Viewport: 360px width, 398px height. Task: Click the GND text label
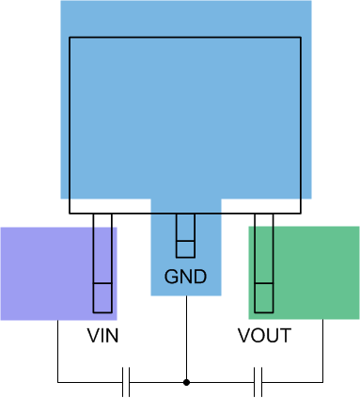tap(185, 278)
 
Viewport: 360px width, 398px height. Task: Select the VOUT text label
tap(264, 336)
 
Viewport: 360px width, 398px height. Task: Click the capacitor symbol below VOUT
tap(259, 382)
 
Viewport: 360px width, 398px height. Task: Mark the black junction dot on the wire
tap(186, 382)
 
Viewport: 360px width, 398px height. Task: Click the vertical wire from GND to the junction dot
tap(186, 339)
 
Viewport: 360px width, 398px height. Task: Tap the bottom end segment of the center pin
tap(186, 248)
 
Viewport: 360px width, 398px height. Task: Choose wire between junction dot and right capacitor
tap(221, 382)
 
